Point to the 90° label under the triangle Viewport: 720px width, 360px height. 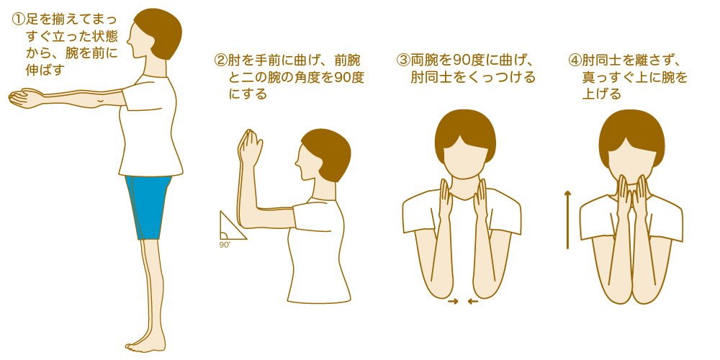click(x=225, y=245)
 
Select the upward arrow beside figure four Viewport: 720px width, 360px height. click(x=567, y=220)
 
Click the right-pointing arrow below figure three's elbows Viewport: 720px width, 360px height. click(x=453, y=302)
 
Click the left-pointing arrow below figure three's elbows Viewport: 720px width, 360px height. click(x=472, y=302)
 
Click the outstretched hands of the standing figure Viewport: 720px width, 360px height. click(x=25, y=97)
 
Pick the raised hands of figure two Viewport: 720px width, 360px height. click(x=250, y=148)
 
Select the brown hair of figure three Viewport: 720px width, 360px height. click(x=465, y=130)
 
